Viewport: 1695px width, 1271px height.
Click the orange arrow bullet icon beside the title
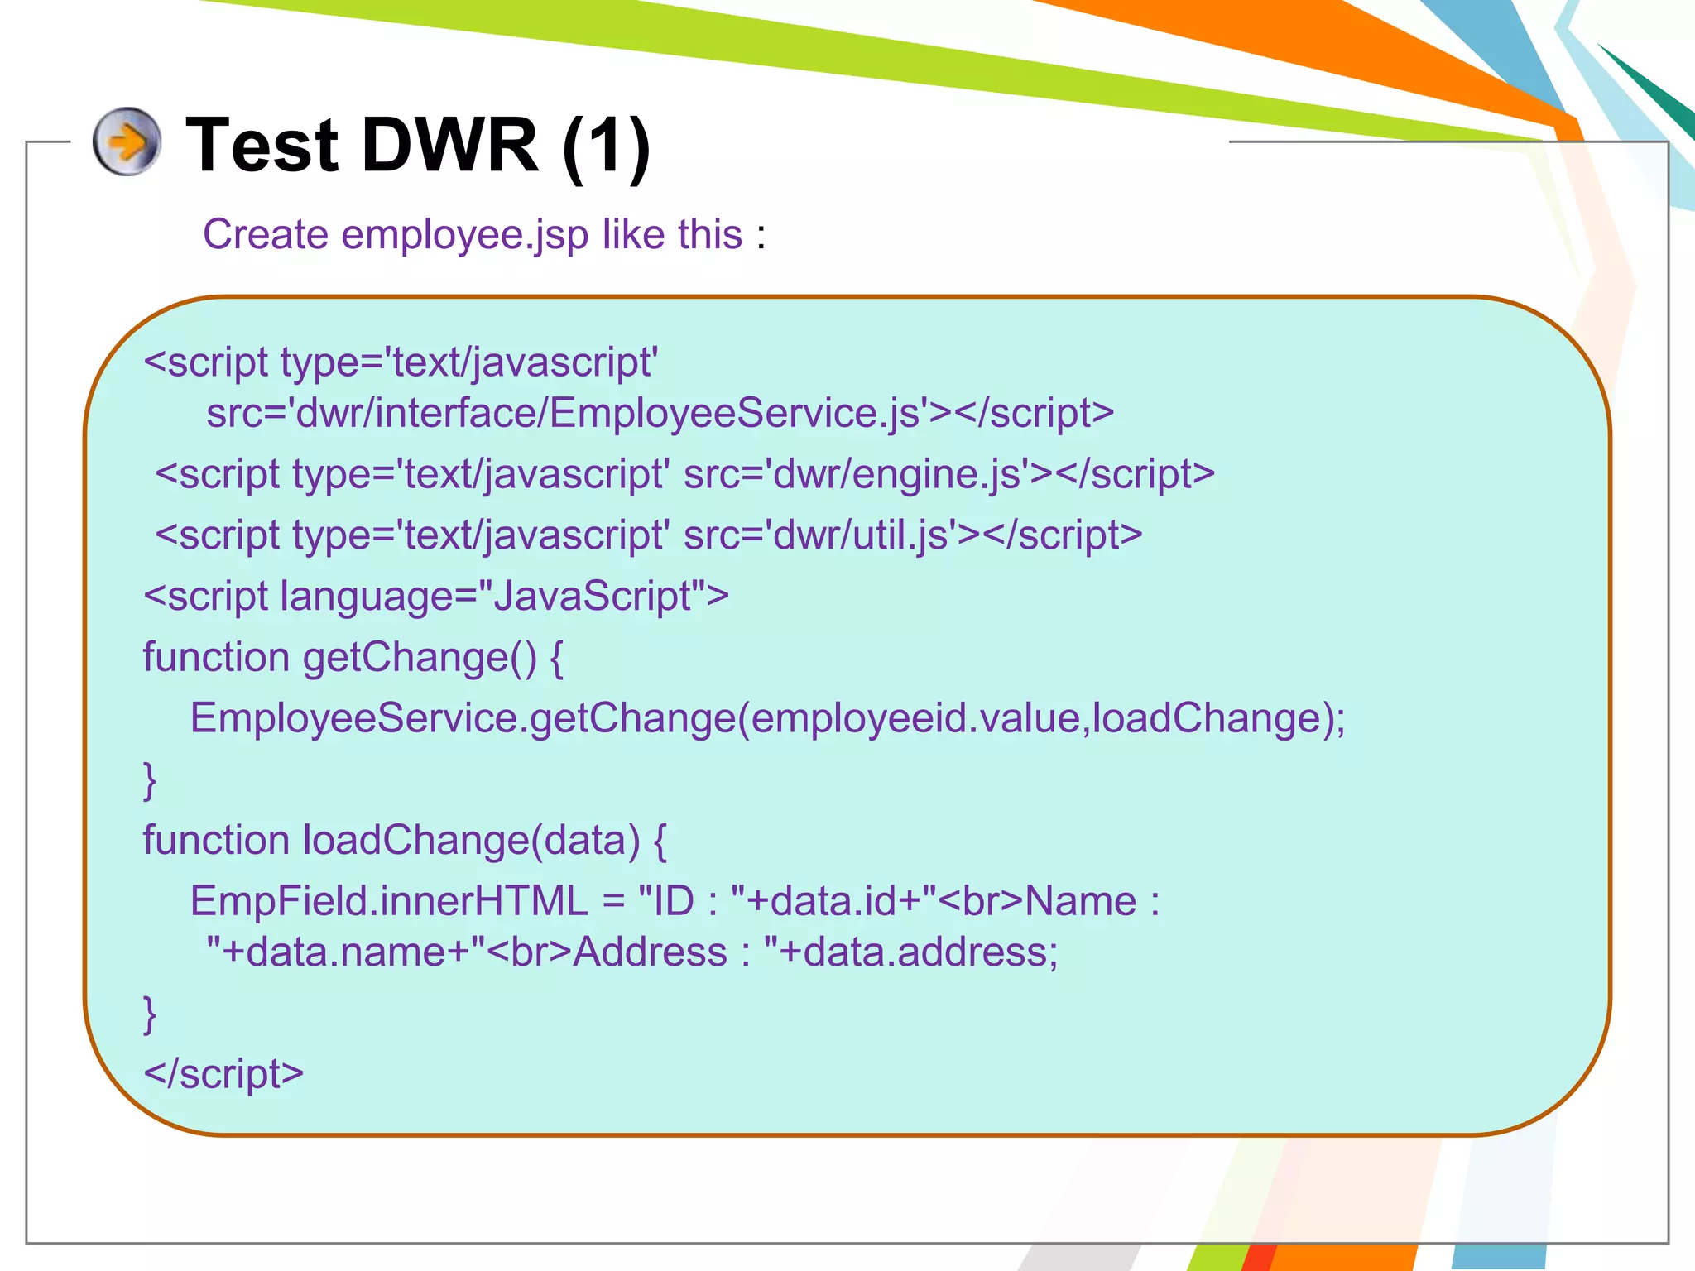coord(127,141)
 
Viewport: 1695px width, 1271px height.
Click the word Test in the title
coord(262,146)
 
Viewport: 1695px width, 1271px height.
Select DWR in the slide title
coord(450,146)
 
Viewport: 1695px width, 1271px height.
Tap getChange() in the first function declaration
coord(420,658)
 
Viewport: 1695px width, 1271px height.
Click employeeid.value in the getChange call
coord(915,718)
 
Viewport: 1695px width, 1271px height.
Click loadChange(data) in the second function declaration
coord(471,841)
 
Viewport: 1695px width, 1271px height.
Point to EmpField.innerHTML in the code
coord(389,901)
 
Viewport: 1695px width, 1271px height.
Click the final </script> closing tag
coord(223,1074)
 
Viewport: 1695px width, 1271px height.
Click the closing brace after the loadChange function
coord(150,1014)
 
